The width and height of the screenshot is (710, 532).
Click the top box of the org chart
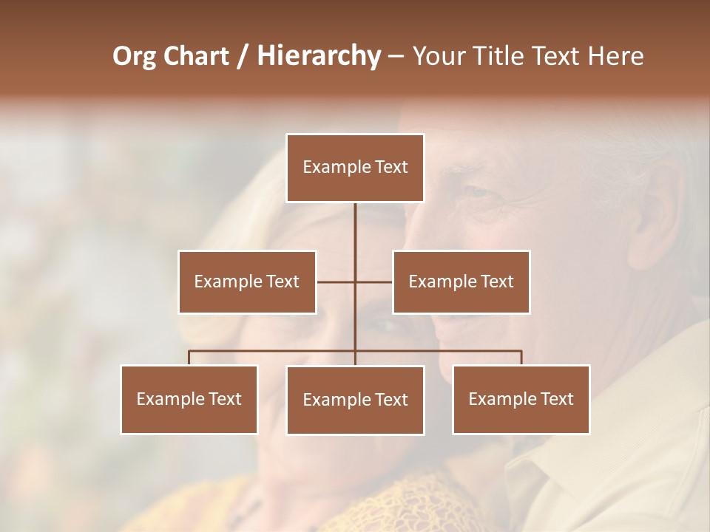tap(355, 168)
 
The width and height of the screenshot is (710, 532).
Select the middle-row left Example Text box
tap(247, 282)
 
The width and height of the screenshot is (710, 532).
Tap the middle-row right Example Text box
tap(461, 282)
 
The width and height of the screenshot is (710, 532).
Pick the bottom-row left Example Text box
tap(189, 399)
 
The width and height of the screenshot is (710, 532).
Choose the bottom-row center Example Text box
tap(355, 400)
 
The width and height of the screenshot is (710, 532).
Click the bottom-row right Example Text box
tap(521, 399)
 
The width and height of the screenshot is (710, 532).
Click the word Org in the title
tap(134, 56)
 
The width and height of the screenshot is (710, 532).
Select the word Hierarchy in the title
tap(319, 56)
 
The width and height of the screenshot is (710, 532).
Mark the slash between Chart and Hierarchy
tap(243, 57)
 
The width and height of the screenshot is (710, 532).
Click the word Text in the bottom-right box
tap(556, 399)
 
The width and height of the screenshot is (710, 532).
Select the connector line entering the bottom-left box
tap(189, 358)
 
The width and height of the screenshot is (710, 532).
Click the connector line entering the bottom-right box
tap(521, 358)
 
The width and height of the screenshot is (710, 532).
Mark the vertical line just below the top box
tap(355, 222)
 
